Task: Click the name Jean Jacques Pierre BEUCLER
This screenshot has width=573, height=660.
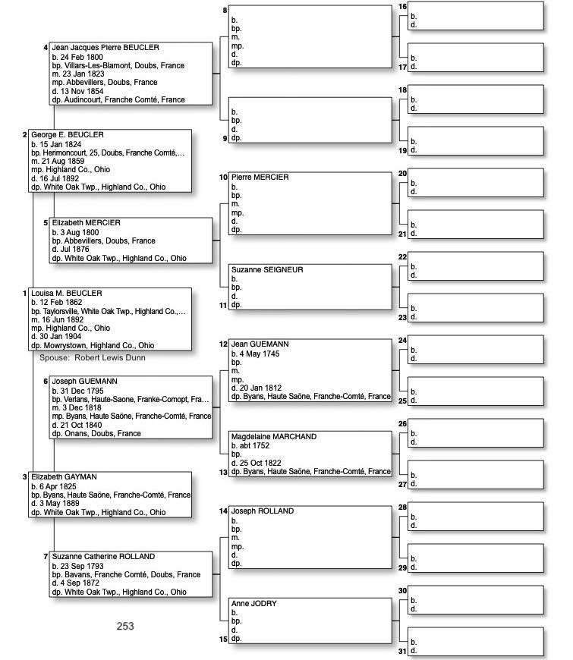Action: coord(105,48)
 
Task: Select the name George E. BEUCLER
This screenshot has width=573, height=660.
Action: coord(68,135)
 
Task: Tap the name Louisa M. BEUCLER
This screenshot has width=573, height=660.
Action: coord(67,294)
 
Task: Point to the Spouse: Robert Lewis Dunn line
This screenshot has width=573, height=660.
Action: coord(92,357)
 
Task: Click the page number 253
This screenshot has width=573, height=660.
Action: coord(125,626)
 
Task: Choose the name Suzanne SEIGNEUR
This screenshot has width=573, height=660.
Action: coord(267,270)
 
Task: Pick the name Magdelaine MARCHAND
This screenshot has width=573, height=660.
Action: coord(274,437)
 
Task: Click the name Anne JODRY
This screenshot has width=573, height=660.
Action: coord(254,604)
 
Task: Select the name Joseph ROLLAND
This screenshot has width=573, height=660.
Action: coord(262,511)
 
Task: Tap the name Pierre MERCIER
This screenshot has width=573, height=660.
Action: coord(260,178)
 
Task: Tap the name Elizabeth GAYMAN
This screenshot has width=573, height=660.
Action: coord(65,477)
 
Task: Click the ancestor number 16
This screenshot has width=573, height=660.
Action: coord(402,7)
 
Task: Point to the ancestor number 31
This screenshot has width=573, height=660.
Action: coord(402,651)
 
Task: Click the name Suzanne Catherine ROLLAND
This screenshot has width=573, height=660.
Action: coord(103,557)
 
